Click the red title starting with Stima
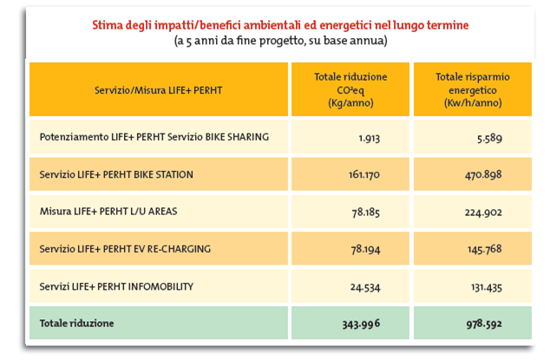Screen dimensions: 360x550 (280, 25)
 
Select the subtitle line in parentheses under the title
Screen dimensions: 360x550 (280, 41)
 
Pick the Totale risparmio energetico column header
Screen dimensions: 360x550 (472, 89)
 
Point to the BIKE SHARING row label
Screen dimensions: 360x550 (154, 137)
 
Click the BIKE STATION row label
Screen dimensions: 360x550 (116, 174)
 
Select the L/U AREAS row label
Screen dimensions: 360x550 (110, 212)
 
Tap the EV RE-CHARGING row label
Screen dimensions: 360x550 (125, 249)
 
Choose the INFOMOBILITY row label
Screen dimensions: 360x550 (116, 286)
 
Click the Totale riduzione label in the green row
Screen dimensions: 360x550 (77, 324)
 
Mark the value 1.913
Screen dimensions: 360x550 (370, 138)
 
